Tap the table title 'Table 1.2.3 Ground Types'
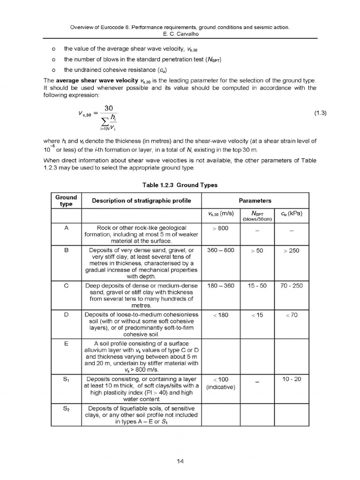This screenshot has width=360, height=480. click(180, 185)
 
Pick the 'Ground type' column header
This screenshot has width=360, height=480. click(66, 201)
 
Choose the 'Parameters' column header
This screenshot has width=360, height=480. click(255, 201)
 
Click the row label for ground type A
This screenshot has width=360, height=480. click(66, 227)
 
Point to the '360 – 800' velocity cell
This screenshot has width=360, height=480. click(220, 250)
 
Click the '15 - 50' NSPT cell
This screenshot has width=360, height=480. click(257, 285)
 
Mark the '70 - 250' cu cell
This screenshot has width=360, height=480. click(291, 285)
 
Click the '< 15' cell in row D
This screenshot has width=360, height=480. click(257, 315)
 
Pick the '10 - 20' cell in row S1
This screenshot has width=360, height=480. click(291, 379)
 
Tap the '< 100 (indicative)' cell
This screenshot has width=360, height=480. click(220, 383)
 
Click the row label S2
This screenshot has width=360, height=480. click(66, 408)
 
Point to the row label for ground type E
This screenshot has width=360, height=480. click(66, 343)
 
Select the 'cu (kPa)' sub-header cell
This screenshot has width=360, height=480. click(291, 214)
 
